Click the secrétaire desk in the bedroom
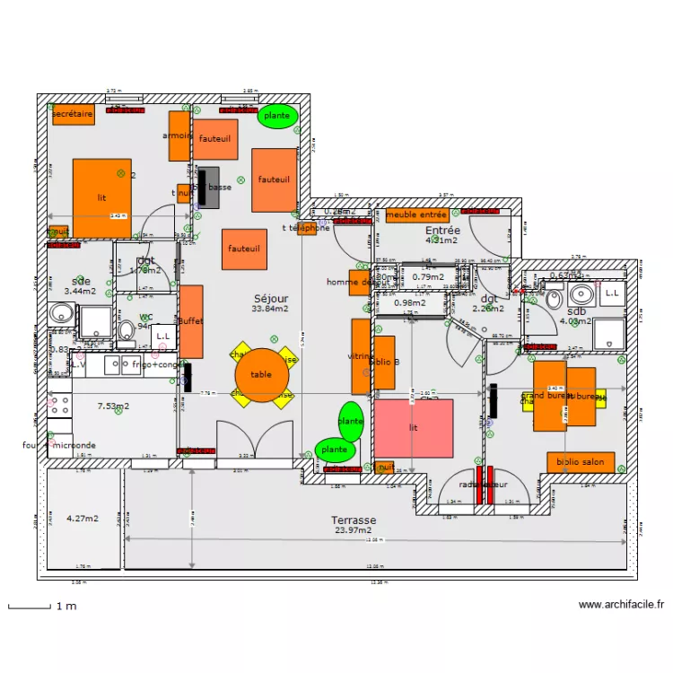point(73,115)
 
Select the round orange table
point(261,375)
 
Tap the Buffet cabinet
point(191,321)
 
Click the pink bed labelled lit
point(414,428)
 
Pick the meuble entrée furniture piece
point(417,215)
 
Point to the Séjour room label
point(271,298)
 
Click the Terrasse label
point(354,520)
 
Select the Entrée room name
point(441,231)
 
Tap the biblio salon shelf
point(581,463)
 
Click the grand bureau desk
point(549,396)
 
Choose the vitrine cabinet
point(361,356)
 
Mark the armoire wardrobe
point(179,135)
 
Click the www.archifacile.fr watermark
point(621,606)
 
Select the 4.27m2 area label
point(83,519)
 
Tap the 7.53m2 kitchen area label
point(113,406)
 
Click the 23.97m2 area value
point(353,530)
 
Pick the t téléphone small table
point(307,228)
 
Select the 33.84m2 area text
point(271,309)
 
